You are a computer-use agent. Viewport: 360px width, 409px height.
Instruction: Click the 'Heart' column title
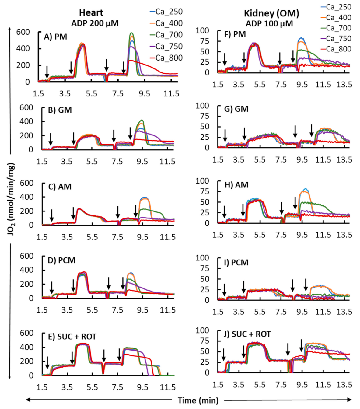click(91, 12)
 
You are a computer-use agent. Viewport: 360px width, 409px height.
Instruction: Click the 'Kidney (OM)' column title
click(271, 13)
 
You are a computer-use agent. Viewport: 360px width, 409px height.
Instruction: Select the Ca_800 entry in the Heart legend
click(169, 58)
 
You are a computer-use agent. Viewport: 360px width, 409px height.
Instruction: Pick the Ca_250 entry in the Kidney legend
click(338, 7)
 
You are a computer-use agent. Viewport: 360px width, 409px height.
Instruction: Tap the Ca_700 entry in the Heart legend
click(169, 35)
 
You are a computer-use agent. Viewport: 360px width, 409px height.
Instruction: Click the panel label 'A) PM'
click(55, 37)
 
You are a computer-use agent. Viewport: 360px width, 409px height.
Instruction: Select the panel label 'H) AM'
click(236, 185)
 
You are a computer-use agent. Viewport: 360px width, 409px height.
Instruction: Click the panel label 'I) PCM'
click(236, 262)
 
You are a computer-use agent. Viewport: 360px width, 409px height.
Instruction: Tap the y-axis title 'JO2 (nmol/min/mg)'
click(11, 199)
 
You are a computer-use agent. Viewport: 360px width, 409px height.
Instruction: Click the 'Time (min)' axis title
click(198, 400)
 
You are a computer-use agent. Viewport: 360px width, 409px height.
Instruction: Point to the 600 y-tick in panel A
click(23, 32)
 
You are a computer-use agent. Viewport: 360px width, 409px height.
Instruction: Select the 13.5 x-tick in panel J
click(344, 385)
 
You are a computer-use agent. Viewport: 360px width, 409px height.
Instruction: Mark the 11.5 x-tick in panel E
click(168, 387)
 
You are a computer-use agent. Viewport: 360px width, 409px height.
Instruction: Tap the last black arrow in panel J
click(301, 345)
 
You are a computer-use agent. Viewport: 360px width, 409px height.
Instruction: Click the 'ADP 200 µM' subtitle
click(95, 23)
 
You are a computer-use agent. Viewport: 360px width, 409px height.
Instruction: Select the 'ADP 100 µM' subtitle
click(269, 24)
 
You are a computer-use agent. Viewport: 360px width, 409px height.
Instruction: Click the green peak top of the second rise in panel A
click(131, 33)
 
